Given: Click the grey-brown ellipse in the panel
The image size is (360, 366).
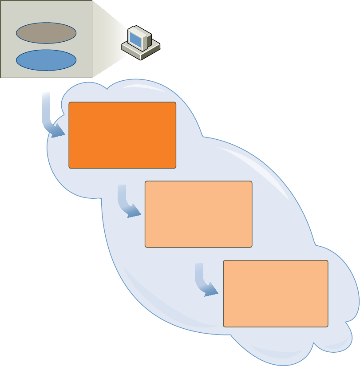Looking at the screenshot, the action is point(46,33).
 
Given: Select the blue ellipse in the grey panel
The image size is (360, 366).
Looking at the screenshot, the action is point(46,60).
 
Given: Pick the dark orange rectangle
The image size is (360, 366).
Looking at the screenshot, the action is point(123,135).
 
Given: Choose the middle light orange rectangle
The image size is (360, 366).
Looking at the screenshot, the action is point(198,214).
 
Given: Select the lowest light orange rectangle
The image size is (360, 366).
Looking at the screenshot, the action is point(275,293).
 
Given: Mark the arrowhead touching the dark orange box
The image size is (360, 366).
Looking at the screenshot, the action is point(58,130).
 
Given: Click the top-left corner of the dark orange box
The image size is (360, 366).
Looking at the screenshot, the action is point(70,103).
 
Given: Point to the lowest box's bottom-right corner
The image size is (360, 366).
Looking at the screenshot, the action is point(327,326).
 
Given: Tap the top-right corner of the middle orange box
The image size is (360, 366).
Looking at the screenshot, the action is point(251,182).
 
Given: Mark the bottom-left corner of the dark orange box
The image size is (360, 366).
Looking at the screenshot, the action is point(70,168).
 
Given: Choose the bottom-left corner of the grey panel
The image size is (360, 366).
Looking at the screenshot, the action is point(1,77).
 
